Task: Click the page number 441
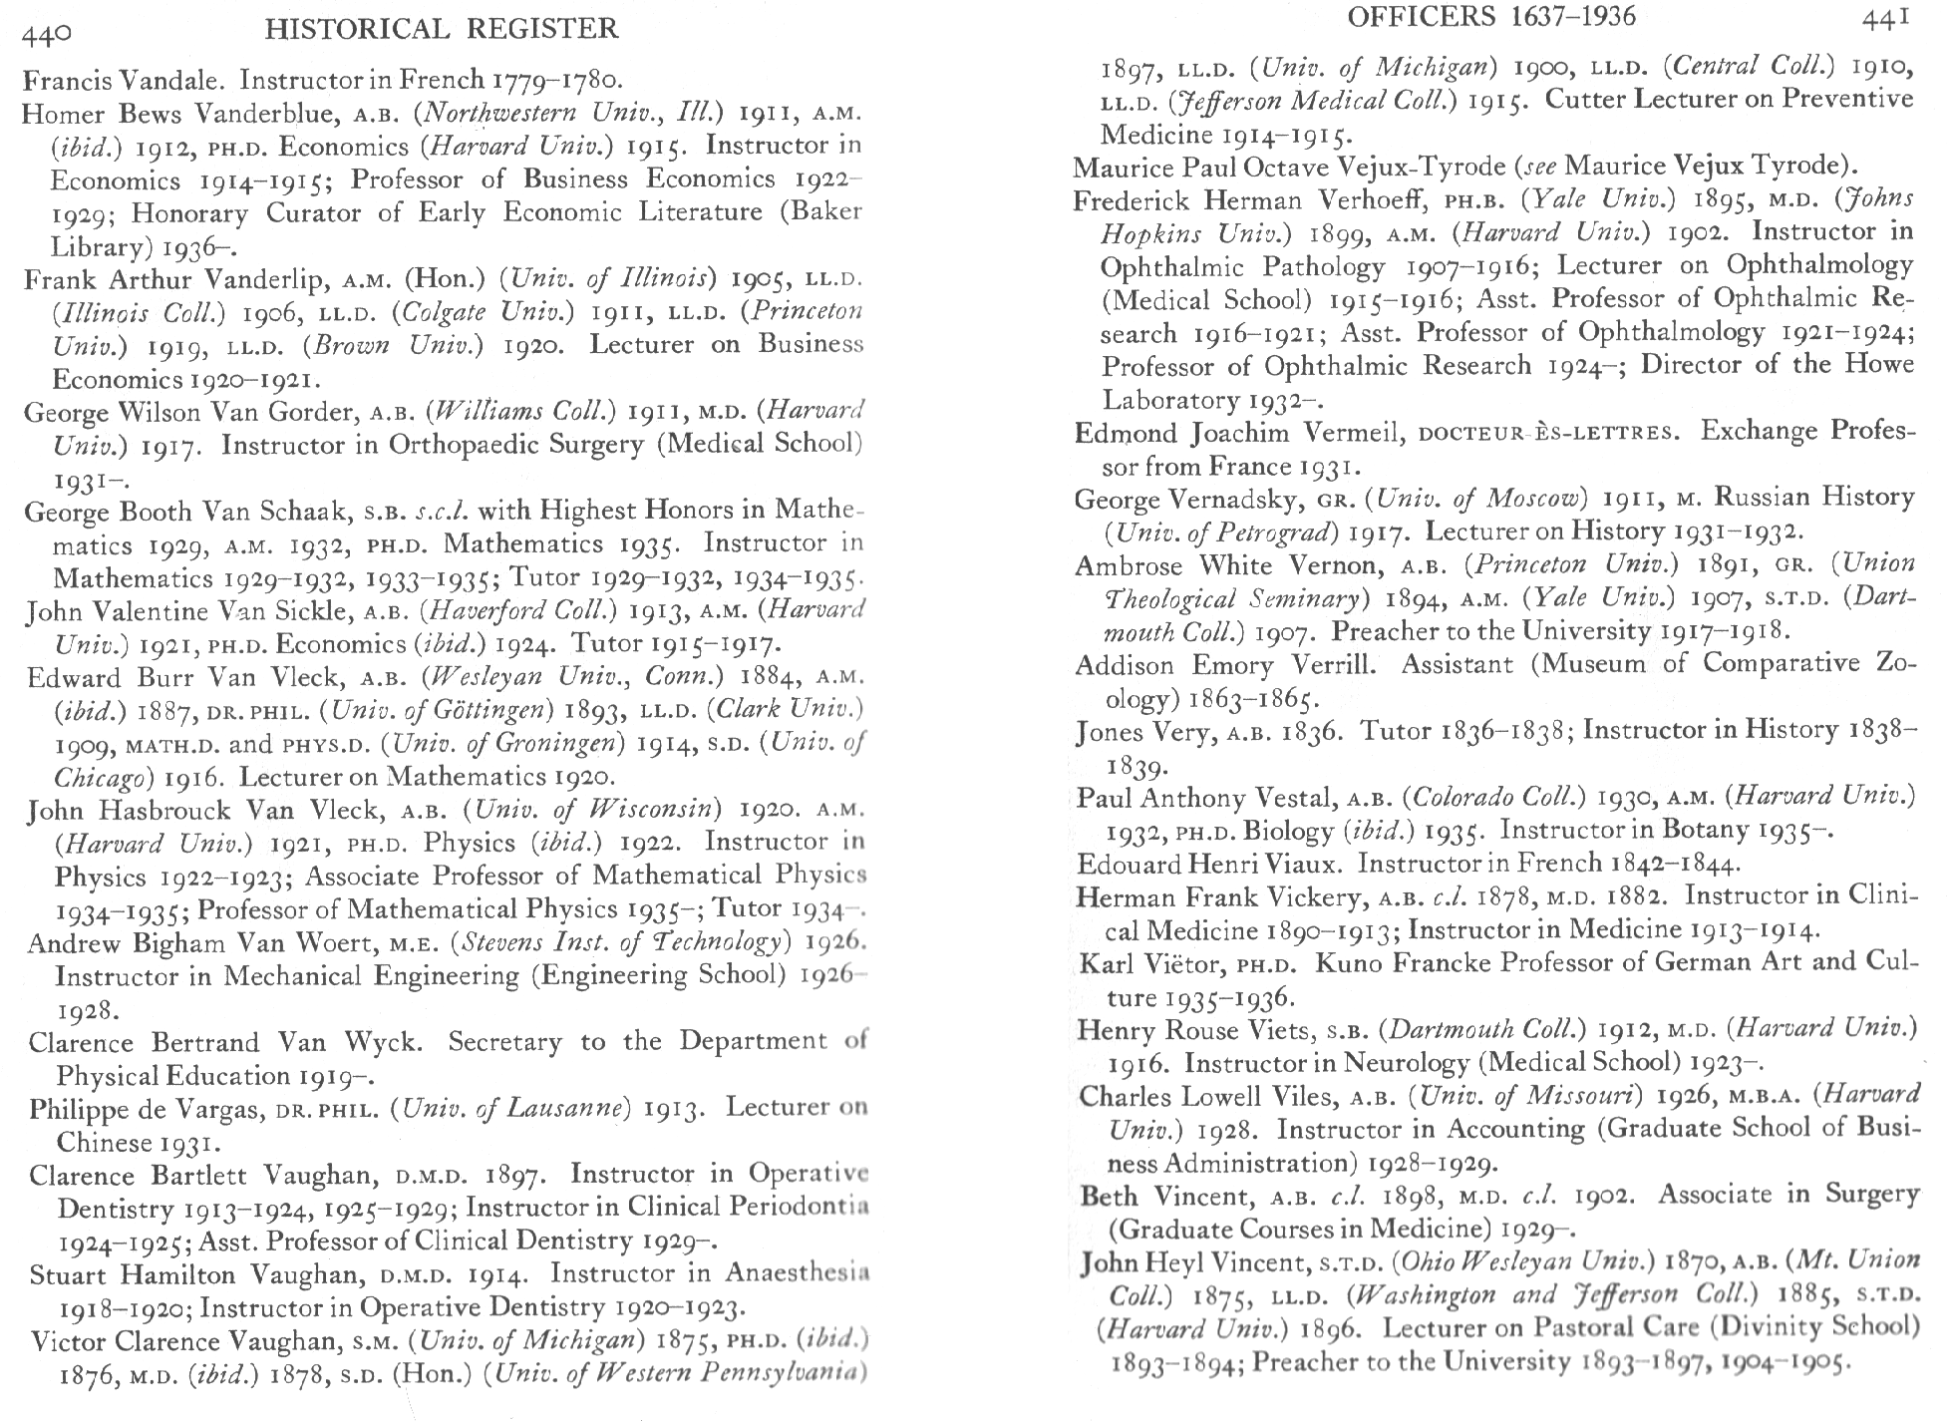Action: (1883, 18)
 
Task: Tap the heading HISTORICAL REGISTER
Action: (442, 29)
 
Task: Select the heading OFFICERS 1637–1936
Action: (1477, 16)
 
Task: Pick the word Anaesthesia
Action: (797, 1273)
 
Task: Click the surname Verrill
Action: (1333, 665)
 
